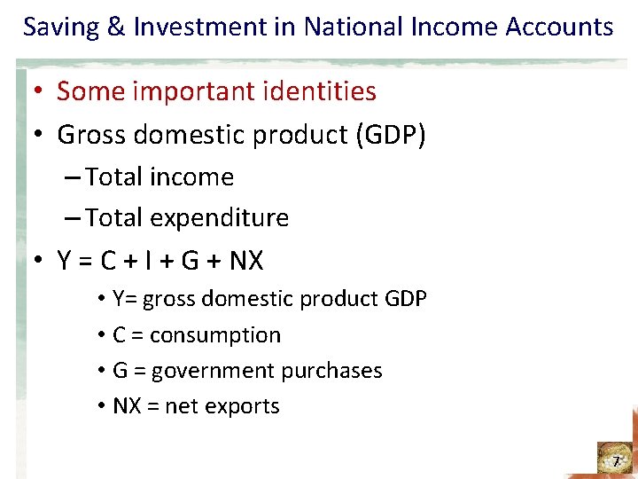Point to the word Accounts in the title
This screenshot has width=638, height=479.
click(559, 27)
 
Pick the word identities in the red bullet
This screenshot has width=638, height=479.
click(325, 90)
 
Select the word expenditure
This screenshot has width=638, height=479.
click(221, 218)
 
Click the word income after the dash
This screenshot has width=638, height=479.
click(192, 177)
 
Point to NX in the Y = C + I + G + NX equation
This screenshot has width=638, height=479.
click(246, 261)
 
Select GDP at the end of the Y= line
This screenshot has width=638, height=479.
click(406, 299)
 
